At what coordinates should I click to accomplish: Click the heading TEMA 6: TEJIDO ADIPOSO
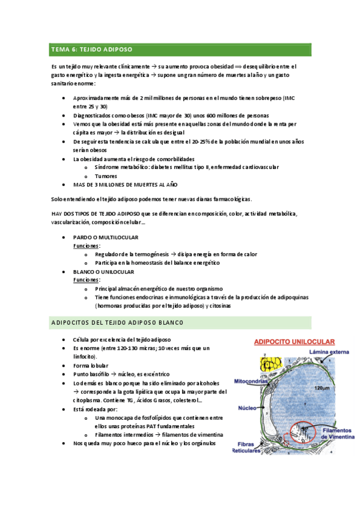click(92, 49)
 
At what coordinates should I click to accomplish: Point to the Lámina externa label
click(325, 351)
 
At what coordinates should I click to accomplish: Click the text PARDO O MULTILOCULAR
click(106, 238)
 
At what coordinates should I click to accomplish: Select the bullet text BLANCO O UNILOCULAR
click(103, 271)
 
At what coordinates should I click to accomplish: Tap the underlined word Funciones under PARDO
click(87, 246)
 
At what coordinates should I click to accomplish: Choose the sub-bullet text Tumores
click(106, 176)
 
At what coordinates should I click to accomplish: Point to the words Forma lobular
click(90, 365)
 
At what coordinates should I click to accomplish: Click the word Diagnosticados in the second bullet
click(93, 115)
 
